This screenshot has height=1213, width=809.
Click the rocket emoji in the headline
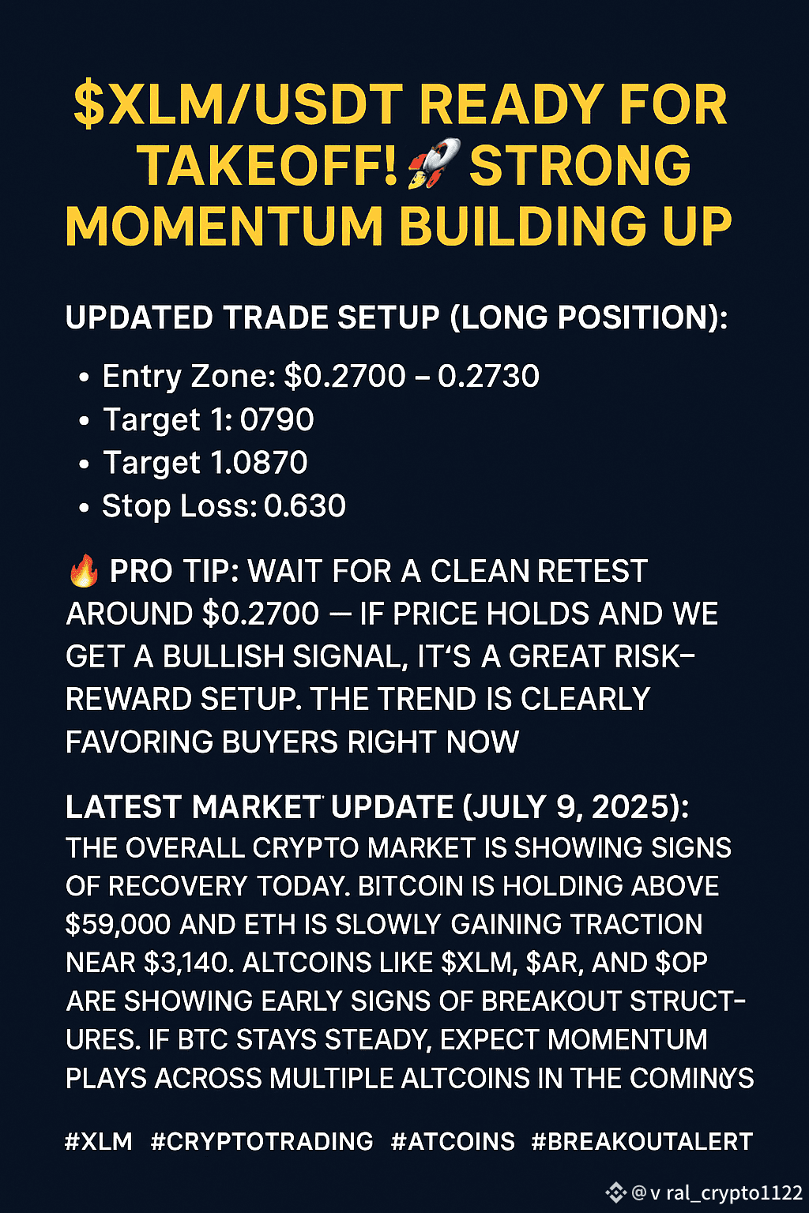tap(434, 163)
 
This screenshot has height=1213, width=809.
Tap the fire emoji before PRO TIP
tap(84, 573)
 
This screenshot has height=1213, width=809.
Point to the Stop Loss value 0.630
tap(304, 505)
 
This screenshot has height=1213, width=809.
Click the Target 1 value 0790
tap(277, 419)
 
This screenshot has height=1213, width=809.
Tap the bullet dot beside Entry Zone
tap(84, 377)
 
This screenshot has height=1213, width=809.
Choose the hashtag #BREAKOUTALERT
tap(642, 1141)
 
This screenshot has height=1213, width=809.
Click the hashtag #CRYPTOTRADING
tap(262, 1141)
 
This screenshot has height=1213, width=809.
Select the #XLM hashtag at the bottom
tap(99, 1141)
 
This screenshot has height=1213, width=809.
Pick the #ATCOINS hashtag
tap(453, 1141)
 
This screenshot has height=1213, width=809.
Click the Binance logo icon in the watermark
tap(616, 1192)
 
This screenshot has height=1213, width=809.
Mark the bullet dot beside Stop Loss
tap(84, 508)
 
